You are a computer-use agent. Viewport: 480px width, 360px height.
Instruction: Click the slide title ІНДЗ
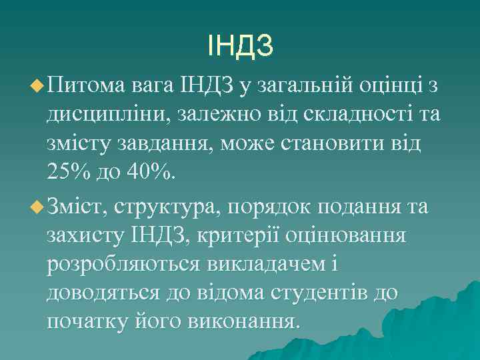[240, 46]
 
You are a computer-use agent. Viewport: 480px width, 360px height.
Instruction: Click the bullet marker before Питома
[37, 85]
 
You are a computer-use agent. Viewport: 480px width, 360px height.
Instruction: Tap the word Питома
[89, 85]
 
